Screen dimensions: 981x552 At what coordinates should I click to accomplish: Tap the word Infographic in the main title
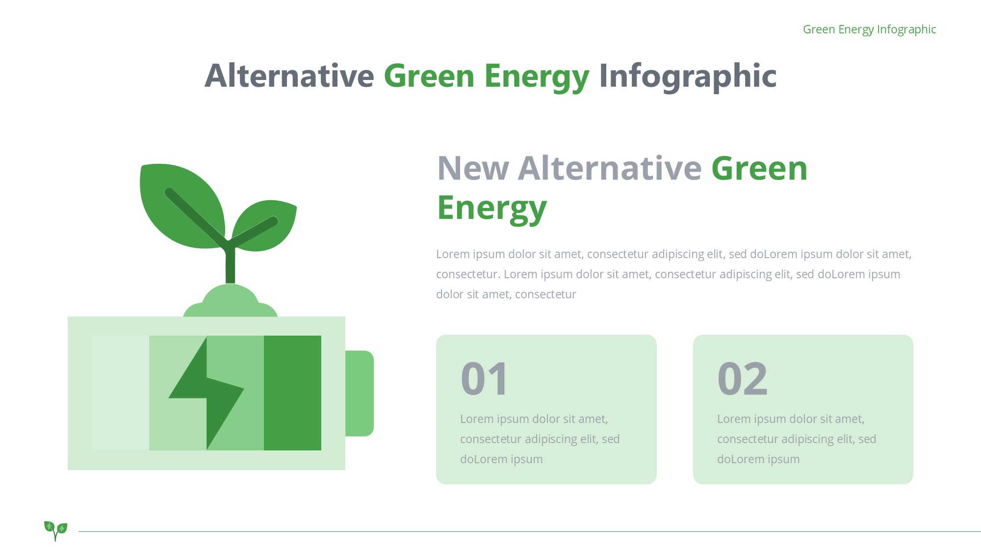[688, 77]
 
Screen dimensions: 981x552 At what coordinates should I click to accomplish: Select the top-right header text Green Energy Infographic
[869, 29]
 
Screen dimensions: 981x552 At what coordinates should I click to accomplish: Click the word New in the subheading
[473, 168]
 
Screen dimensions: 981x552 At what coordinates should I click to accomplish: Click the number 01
[484, 378]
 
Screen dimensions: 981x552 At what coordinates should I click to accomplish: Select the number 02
[742, 378]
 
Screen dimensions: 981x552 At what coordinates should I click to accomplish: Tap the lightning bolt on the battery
[207, 393]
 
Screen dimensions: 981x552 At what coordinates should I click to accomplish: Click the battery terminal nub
[360, 393]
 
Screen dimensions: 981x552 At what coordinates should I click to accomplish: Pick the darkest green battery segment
[292, 393]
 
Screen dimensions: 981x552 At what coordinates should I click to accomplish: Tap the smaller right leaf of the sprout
[265, 226]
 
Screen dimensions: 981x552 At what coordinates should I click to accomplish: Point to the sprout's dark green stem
[230, 263]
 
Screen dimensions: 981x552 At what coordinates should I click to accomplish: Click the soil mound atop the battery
[230, 302]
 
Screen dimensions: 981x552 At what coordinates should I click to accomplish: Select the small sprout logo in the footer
[55, 530]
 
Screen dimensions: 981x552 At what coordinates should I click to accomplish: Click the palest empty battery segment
[120, 393]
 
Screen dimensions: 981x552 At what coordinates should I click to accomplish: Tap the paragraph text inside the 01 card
[540, 439]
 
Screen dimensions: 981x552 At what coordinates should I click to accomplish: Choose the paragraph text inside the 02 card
[797, 439]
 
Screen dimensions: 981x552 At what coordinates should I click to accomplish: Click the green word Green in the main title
[429, 76]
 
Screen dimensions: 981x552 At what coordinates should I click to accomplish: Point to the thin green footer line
[530, 531]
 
